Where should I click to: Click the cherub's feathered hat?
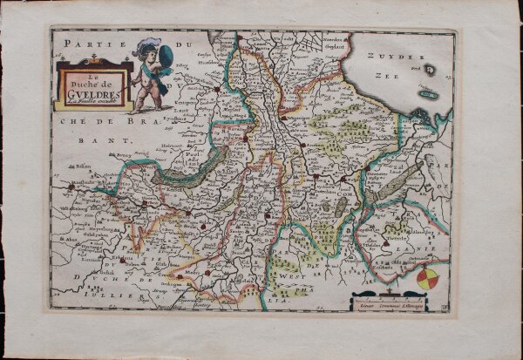tap(146, 45)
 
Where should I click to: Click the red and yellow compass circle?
tap(426, 279)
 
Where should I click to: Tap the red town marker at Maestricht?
tap(71, 186)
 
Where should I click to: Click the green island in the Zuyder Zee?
tap(428, 93)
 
